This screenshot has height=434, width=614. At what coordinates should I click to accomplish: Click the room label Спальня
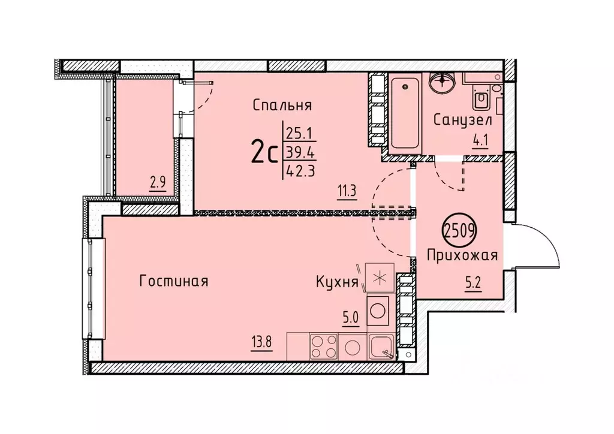[282, 106]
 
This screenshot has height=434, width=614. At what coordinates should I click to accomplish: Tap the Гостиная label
[173, 281]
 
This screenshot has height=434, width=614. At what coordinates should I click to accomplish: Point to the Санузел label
[463, 120]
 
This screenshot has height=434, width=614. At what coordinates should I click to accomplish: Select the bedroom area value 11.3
[347, 192]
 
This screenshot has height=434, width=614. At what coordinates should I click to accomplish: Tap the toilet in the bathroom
[481, 98]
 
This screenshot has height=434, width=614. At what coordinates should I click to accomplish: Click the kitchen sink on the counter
[381, 346]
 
